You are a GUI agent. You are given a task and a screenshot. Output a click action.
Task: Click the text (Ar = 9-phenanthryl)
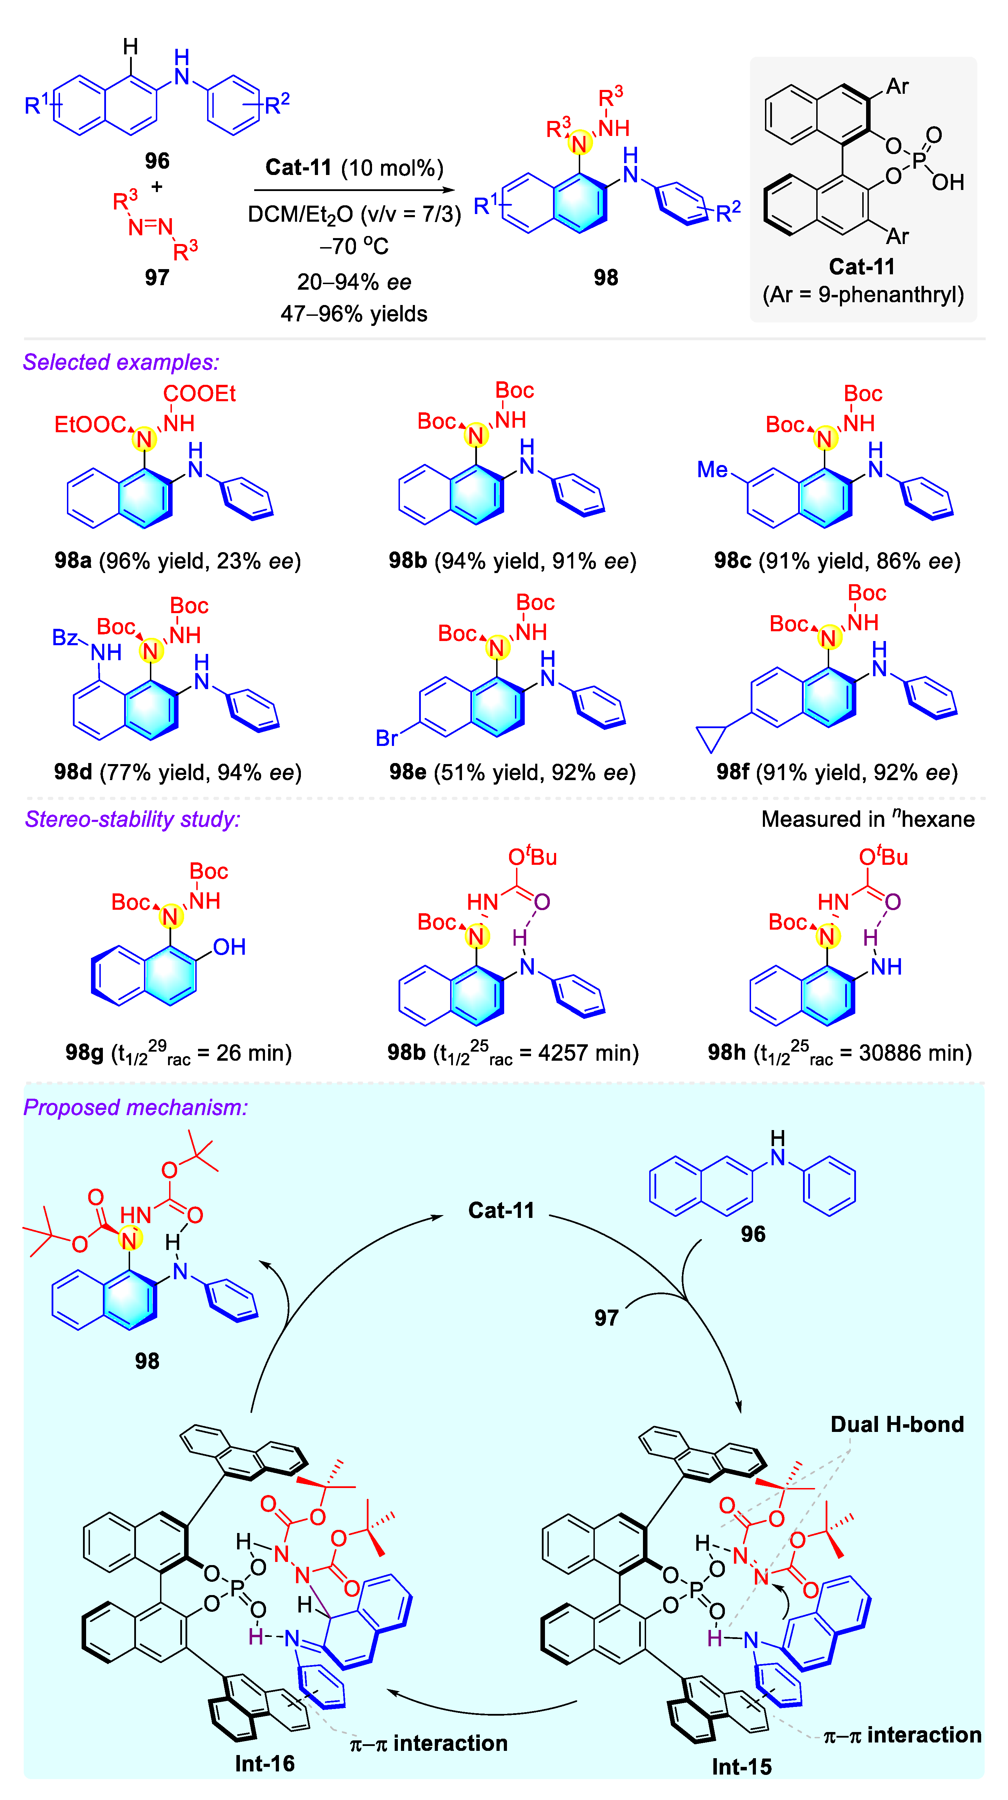(863, 295)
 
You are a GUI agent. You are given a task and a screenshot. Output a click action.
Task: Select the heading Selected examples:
(121, 362)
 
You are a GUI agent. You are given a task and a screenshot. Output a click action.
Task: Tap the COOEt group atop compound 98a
(199, 394)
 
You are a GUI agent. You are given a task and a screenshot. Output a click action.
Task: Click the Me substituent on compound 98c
(712, 470)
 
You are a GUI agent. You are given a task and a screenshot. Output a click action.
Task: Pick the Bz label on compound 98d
(65, 637)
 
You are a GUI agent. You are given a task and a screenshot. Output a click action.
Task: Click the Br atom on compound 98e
(387, 738)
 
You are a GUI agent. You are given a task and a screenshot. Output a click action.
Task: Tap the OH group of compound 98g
(229, 947)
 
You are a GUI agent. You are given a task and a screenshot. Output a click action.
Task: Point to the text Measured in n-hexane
(867, 819)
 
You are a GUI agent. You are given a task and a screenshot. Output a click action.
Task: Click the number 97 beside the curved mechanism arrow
(606, 1318)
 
